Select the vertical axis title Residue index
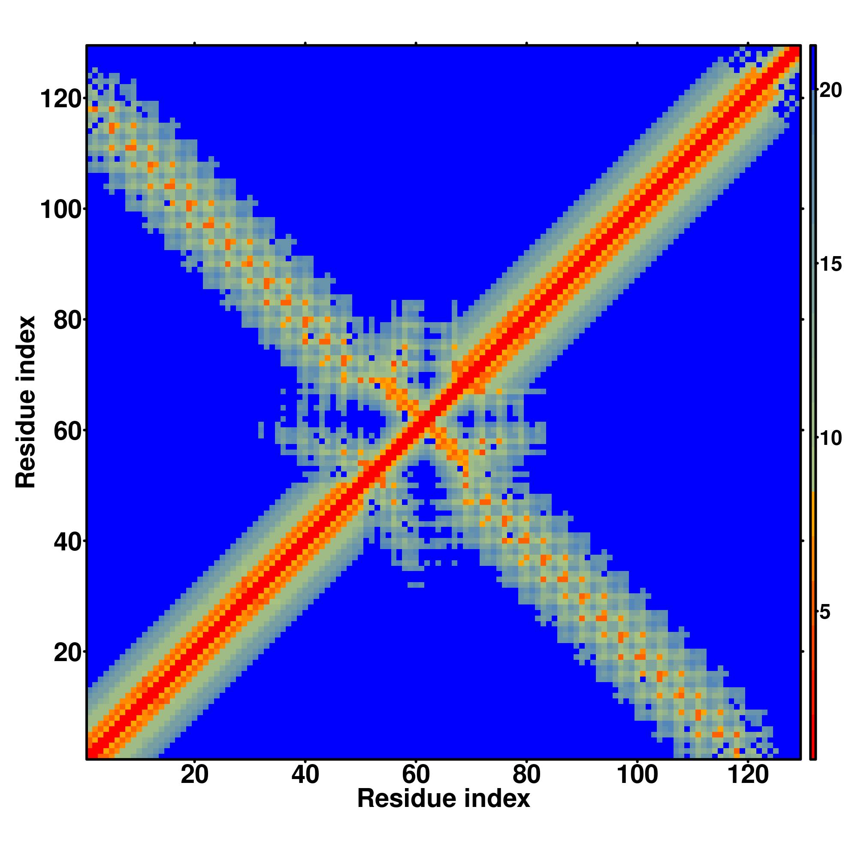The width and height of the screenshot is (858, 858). pyautogui.click(x=26, y=402)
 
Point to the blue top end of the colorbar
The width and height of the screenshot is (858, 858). pyautogui.click(x=813, y=50)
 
